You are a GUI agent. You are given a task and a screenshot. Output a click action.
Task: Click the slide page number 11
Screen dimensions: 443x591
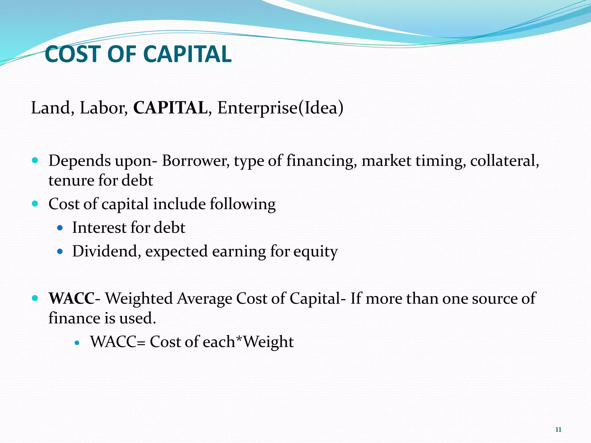coord(558,430)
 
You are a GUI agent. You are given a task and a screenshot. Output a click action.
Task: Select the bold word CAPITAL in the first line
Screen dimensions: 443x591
coord(170,108)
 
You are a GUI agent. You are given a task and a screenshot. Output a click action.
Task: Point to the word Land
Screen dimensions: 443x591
coord(51,108)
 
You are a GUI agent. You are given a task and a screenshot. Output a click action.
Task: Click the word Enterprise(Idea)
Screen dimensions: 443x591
coord(280,108)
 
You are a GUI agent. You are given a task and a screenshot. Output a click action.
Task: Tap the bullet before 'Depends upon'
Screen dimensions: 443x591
coord(35,160)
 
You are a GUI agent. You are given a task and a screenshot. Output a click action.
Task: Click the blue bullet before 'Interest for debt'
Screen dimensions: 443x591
coord(60,228)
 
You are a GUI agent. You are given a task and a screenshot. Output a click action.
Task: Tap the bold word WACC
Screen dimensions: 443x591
coord(71,298)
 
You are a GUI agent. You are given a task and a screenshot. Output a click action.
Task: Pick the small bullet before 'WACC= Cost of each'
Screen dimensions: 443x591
coord(77,343)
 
